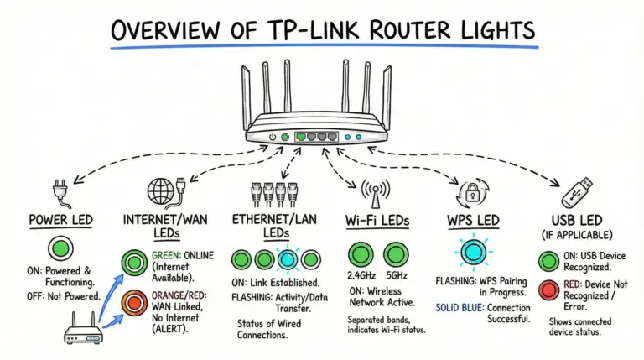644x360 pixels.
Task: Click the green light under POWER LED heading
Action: (x=58, y=249)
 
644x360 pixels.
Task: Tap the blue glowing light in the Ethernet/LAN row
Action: (x=288, y=259)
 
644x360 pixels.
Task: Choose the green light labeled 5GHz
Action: (x=396, y=255)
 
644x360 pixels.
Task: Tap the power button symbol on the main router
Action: (x=273, y=136)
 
